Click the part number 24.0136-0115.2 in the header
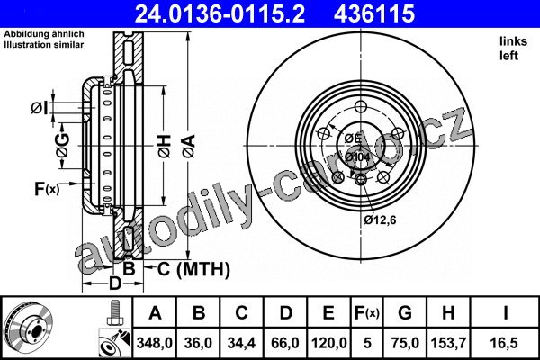click(220, 13)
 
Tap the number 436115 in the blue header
click(374, 13)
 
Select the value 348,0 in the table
click(154, 343)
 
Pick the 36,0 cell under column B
click(198, 343)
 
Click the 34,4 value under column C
click(241, 343)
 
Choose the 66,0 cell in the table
click(285, 343)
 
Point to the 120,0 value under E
click(328, 343)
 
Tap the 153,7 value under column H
click(448, 343)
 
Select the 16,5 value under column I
click(505, 343)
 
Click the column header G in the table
click(405, 313)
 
